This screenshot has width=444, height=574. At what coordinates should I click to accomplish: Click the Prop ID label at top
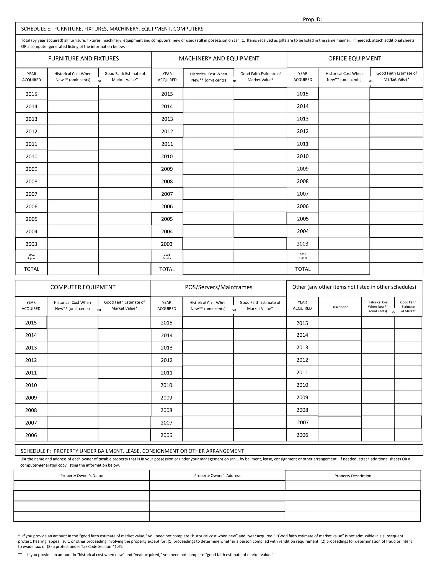312,19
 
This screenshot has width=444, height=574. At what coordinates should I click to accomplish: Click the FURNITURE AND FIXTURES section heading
83,59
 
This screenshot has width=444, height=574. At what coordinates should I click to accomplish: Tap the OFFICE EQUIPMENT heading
354,59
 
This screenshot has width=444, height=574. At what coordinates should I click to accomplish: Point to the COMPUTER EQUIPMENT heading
83,287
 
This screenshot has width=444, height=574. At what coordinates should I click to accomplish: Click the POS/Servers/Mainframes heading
218,287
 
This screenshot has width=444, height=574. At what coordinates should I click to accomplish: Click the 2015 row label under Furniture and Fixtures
32,94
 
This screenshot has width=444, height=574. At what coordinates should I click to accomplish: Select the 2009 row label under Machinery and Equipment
167,169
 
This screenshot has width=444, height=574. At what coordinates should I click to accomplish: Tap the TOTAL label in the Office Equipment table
303,269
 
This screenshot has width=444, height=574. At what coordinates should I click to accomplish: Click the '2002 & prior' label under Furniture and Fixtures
32,256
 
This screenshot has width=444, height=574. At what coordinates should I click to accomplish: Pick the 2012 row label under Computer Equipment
31,360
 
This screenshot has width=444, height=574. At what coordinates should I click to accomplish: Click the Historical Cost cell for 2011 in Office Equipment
344,144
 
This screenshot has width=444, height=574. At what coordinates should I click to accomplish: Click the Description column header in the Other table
340,307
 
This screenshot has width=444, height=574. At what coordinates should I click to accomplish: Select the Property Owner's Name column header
82,475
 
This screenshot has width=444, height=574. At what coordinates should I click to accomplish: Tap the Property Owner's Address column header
217,475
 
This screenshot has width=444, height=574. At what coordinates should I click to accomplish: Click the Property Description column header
353,476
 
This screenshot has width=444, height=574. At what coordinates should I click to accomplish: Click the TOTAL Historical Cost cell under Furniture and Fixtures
73,269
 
